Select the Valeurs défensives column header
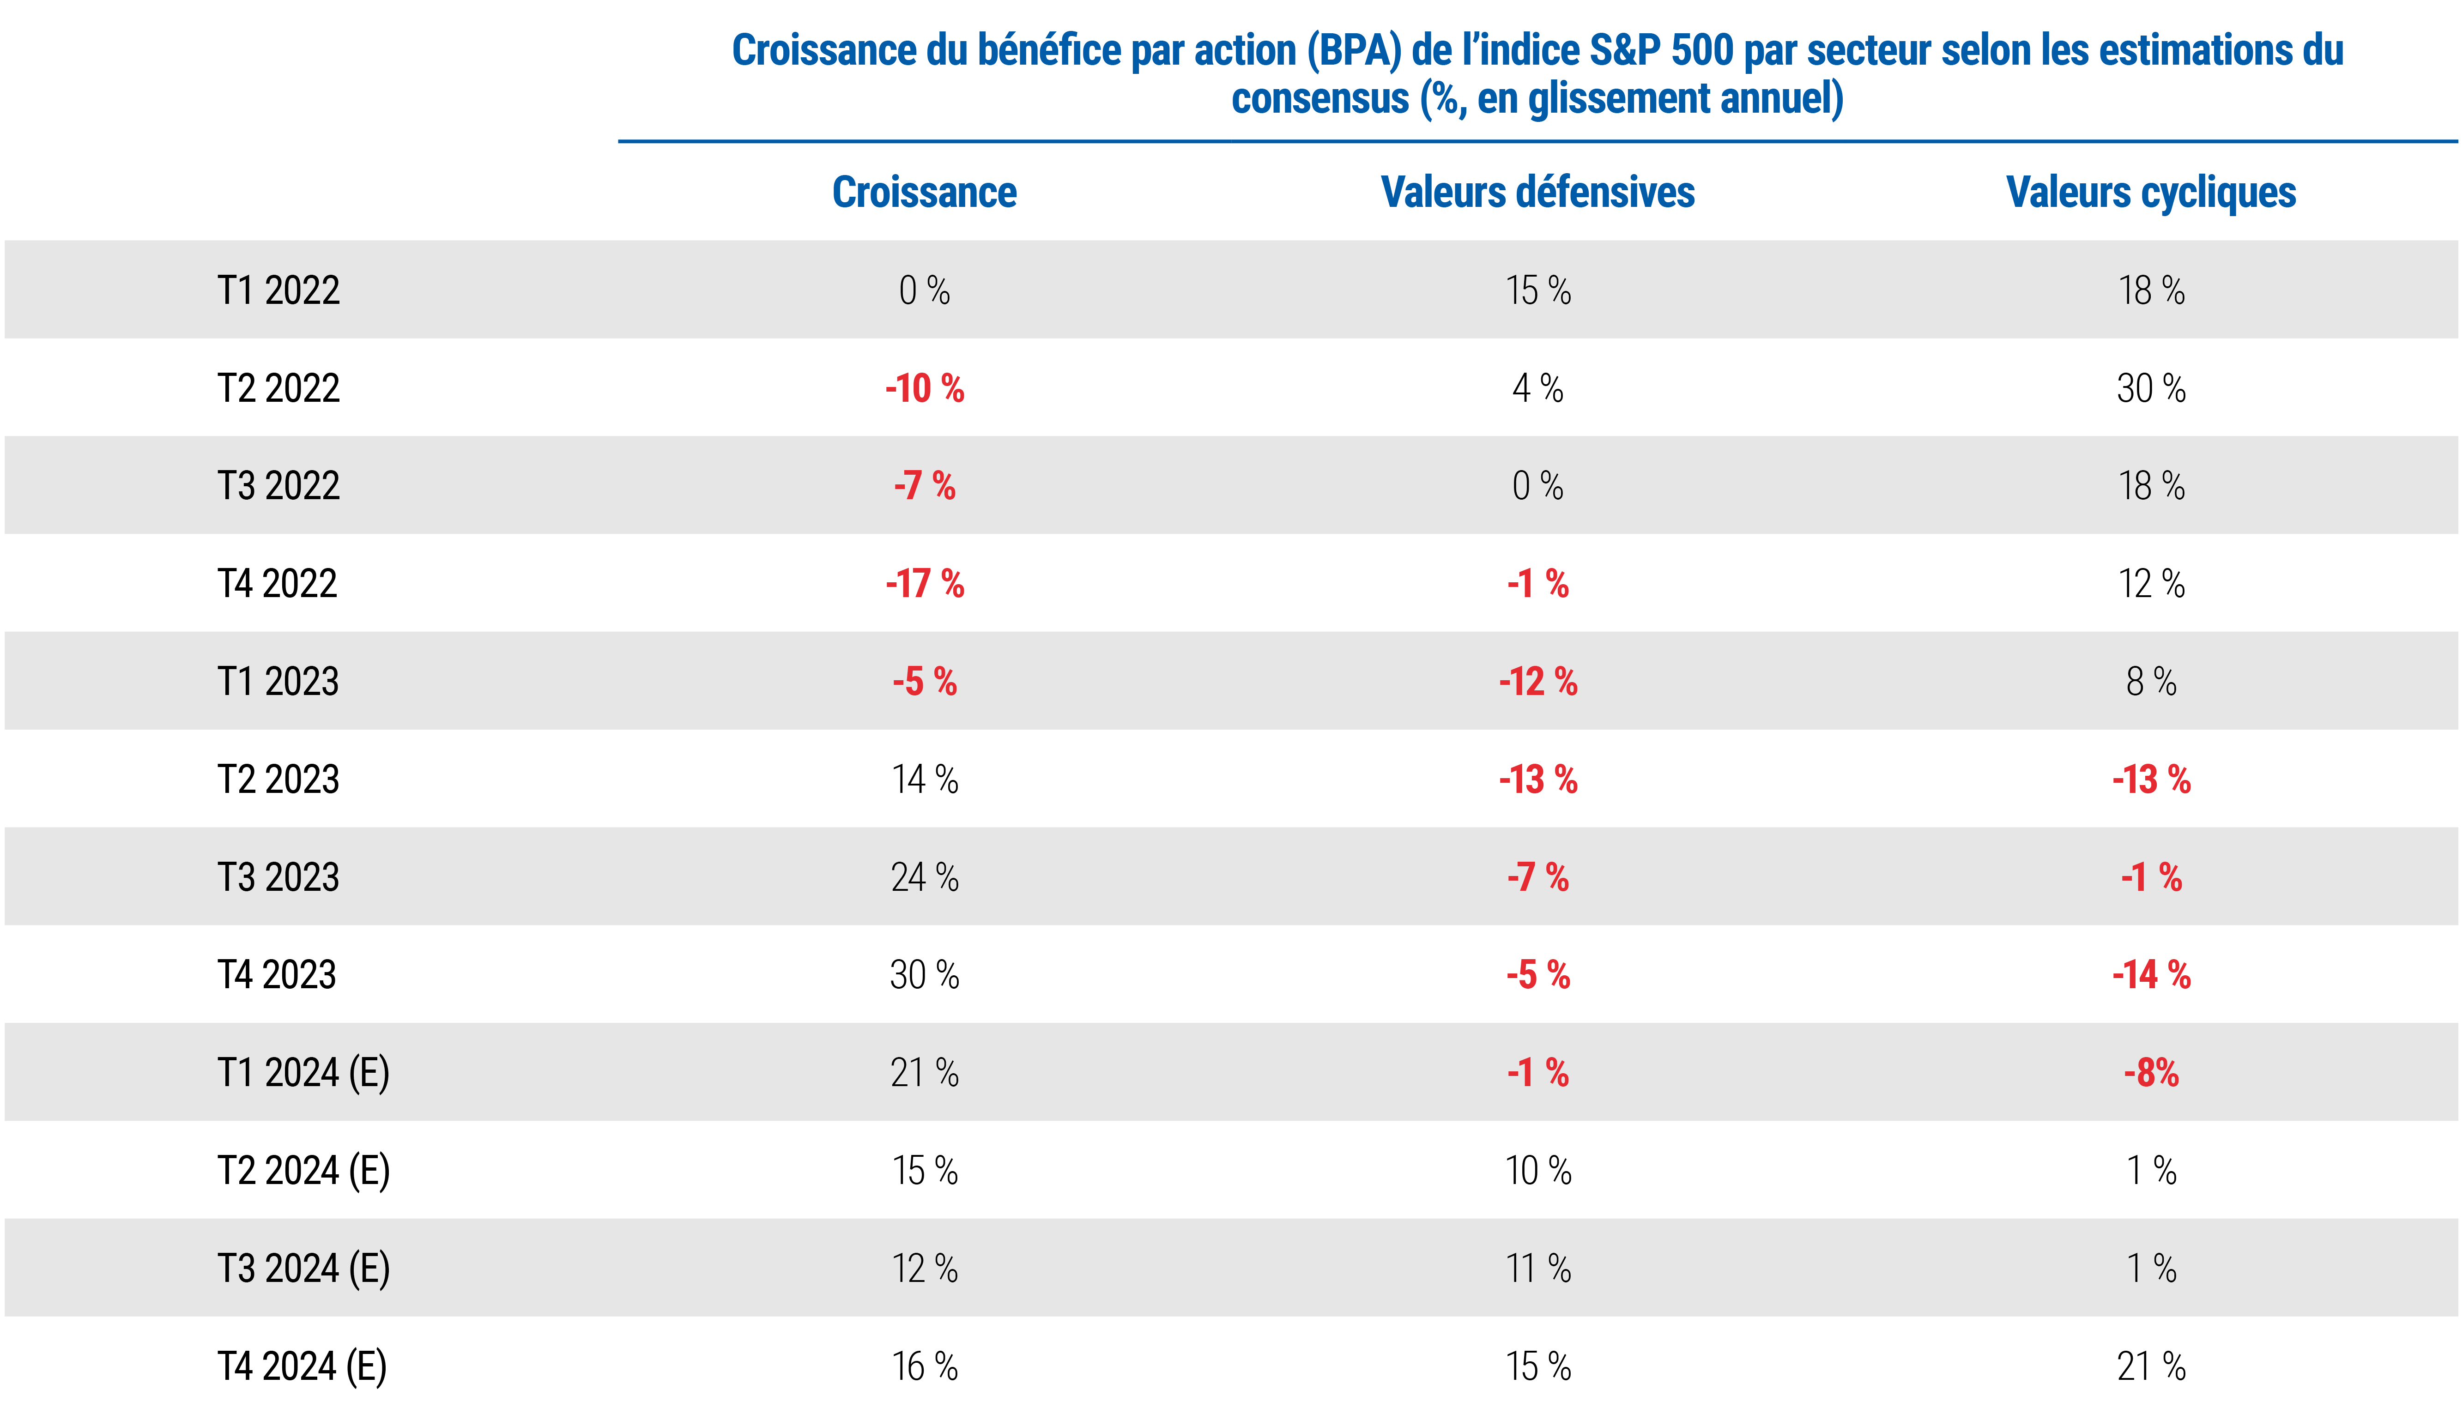click(1537, 192)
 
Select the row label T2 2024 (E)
click(303, 1170)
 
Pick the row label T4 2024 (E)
click(301, 1366)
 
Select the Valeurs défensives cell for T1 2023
click(1537, 682)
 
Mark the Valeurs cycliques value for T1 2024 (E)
click(2151, 1073)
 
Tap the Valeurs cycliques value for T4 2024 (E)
click(2151, 1366)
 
